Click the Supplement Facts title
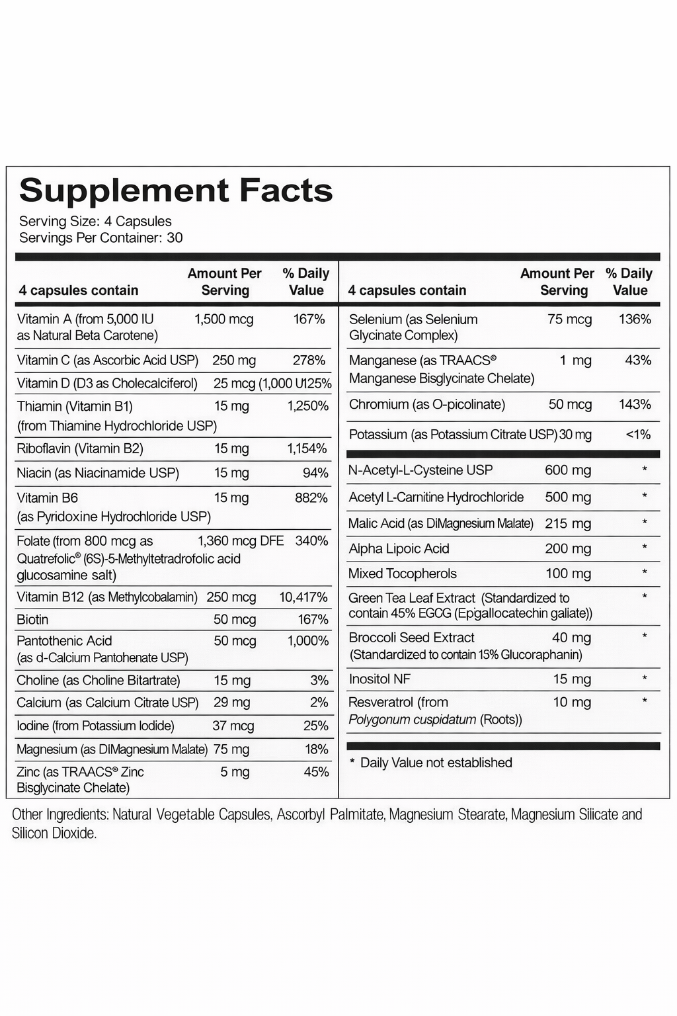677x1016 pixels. click(176, 190)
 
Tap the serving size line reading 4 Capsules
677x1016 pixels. click(95, 222)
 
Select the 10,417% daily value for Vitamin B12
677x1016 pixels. click(303, 597)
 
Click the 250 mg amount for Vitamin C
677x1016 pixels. click(234, 360)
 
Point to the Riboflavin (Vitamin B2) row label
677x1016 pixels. click(80, 448)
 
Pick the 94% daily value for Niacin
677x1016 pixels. click(315, 473)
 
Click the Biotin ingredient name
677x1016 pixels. click(32, 620)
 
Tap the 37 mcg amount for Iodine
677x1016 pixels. click(233, 726)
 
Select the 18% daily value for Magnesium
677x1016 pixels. click(317, 749)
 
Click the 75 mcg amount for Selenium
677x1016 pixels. click(569, 319)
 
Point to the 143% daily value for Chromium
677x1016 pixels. click(635, 404)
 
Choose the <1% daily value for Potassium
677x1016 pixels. click(638, 435)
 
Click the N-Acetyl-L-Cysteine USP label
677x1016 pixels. click(420, 470)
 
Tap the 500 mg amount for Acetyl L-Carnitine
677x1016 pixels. click(567, 497)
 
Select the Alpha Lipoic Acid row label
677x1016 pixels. click(399, 548)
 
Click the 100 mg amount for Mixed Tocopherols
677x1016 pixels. click(567, 573)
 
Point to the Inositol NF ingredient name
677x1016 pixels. click(379, 679)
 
